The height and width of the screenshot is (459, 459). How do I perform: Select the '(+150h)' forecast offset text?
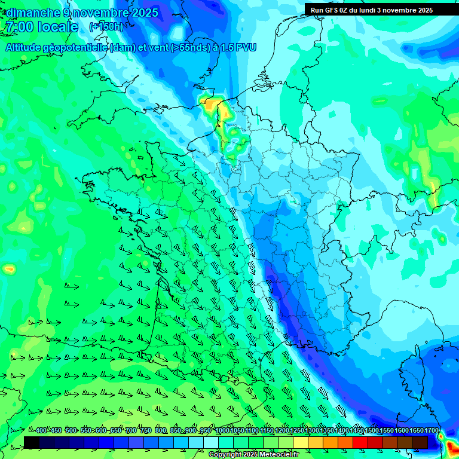pyautogui.click(x=106, y=27)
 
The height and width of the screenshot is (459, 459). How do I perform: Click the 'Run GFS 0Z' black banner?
pyautogui.click(x=371, y=10)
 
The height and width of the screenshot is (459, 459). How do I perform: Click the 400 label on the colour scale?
pyautogui.click(x=41, y=431)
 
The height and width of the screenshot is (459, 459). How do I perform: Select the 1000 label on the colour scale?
pyautogui.click(x=222, y=431)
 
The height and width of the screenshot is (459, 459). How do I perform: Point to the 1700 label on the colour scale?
pyautogui.click(x=431, y=431)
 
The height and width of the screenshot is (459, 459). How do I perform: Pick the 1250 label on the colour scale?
pyautogui.click(x=296, y=431)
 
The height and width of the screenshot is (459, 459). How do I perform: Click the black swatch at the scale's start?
pyautogui.click(x=32, y=442)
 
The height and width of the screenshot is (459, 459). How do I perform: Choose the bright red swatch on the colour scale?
pyautogui.click(x=360, y=442)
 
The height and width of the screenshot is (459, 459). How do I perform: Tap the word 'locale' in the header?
pyautogui.click(x=57, y=27)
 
